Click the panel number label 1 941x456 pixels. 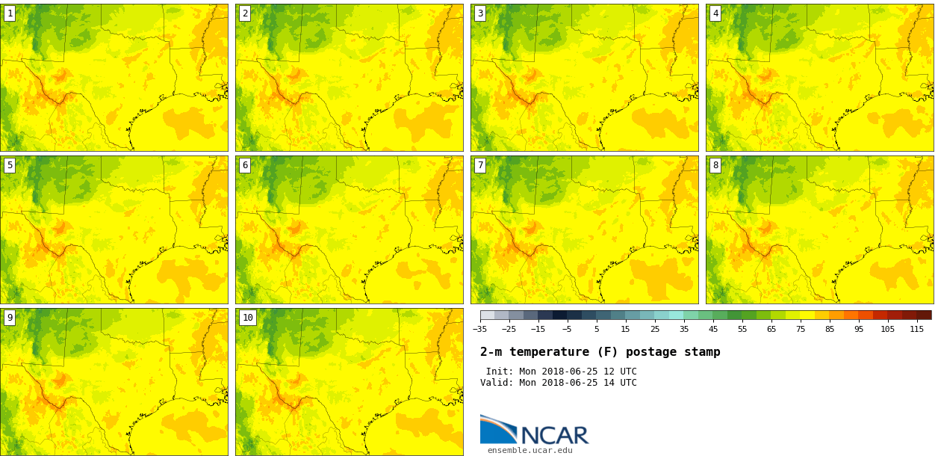coord(10,13)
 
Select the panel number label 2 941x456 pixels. coord(245,13)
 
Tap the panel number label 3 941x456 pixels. coord(480,13)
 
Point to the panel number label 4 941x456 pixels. coord(715,13)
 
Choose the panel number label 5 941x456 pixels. coord(10,165)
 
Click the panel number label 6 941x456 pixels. coord(245,165)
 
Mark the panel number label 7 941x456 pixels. coord(480,165)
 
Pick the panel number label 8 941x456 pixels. coord(715,165)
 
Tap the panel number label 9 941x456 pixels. coord(10,318)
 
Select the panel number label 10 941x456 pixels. coord(248,318)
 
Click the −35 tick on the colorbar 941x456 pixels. coord(479,329)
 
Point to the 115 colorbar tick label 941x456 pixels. coord(916,329)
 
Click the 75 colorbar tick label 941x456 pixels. coord(800,329)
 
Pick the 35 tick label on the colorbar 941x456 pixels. coord(683,329)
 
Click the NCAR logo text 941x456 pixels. coord(554,435)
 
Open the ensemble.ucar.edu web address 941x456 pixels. coord(529,450)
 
